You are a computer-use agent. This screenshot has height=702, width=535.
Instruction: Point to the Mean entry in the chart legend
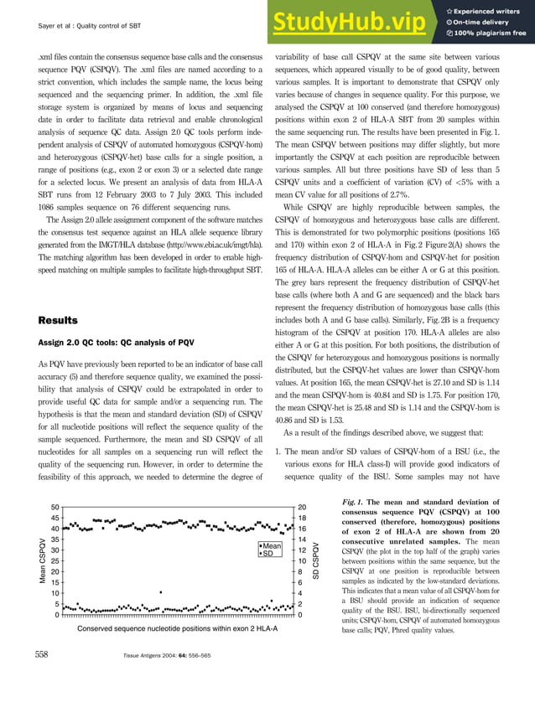click(x=270, y=545)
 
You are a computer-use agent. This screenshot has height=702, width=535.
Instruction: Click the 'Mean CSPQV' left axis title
click(x=40, y=561)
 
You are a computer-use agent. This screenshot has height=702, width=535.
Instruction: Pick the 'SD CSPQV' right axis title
click(x=316, y=561)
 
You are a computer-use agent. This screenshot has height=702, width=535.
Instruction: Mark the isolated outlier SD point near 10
click(x=160, y=592)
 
